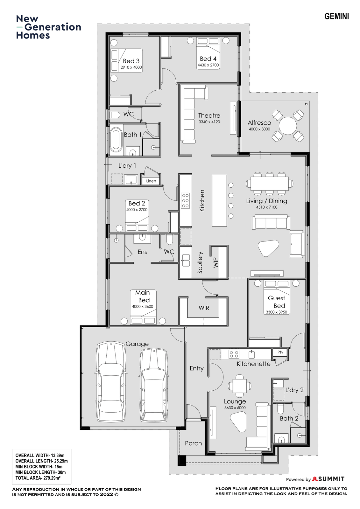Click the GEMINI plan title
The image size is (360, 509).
coord(336,16)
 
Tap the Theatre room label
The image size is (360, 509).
coord(209,115)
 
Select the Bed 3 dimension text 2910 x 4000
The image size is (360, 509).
coord(131,67)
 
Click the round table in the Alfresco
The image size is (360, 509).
coord(288,126)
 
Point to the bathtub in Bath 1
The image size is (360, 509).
coord(116,140)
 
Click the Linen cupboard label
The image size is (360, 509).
coord(151,181)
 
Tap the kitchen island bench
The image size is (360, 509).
coord(219,200)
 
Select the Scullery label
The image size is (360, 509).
coord(200,262)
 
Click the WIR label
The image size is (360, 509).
coord(204,308)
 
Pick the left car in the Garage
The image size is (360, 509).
coord(111,381)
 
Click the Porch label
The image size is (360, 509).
coord(193,443)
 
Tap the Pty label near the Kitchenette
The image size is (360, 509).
coord(280,352)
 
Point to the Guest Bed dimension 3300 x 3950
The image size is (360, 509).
coord(276,312)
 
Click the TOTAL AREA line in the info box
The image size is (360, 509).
coord(38,478)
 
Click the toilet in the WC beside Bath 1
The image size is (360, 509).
coord(115,115)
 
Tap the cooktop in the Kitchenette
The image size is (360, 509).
coord(234,354)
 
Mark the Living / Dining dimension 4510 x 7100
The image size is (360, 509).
coord(267,207)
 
